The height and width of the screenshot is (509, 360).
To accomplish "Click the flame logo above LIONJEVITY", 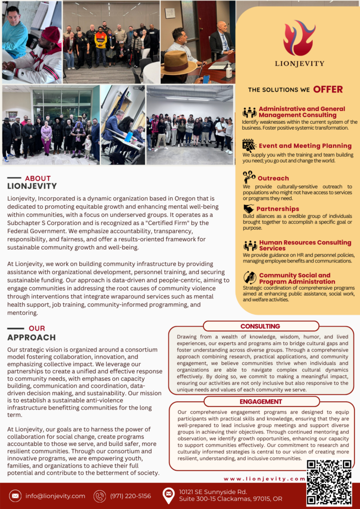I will [x=299, y=38].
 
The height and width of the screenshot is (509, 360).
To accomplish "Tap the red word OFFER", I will [x=328, y=89].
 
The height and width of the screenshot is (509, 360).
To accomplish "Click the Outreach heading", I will [x=273, y=178].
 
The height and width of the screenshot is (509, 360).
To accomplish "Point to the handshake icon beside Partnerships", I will [x=249, y=209].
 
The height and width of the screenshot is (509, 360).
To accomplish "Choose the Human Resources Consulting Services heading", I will [x=305, y=246].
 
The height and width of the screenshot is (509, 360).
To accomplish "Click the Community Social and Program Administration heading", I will [x=294, y=278].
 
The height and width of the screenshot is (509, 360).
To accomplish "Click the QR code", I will [x=329, y=483].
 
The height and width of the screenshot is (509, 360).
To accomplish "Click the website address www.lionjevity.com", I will [x=264, y=479].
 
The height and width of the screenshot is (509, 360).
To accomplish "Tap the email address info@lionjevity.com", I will [x=55, y=496].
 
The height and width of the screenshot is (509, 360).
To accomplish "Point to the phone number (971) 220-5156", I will [x=130, y=496].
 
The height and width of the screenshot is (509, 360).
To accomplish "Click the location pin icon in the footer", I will [x=169, y=496].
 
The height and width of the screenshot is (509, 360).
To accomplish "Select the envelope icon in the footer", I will [x=15, y=496].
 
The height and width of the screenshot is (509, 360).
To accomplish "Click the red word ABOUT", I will [x=38, y=178].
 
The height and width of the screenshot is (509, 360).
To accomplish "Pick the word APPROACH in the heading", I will [x=31, y=338].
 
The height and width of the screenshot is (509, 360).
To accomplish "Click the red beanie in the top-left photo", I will [x=51, y=35].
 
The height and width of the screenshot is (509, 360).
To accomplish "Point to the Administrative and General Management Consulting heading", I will [x=301, y=112].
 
